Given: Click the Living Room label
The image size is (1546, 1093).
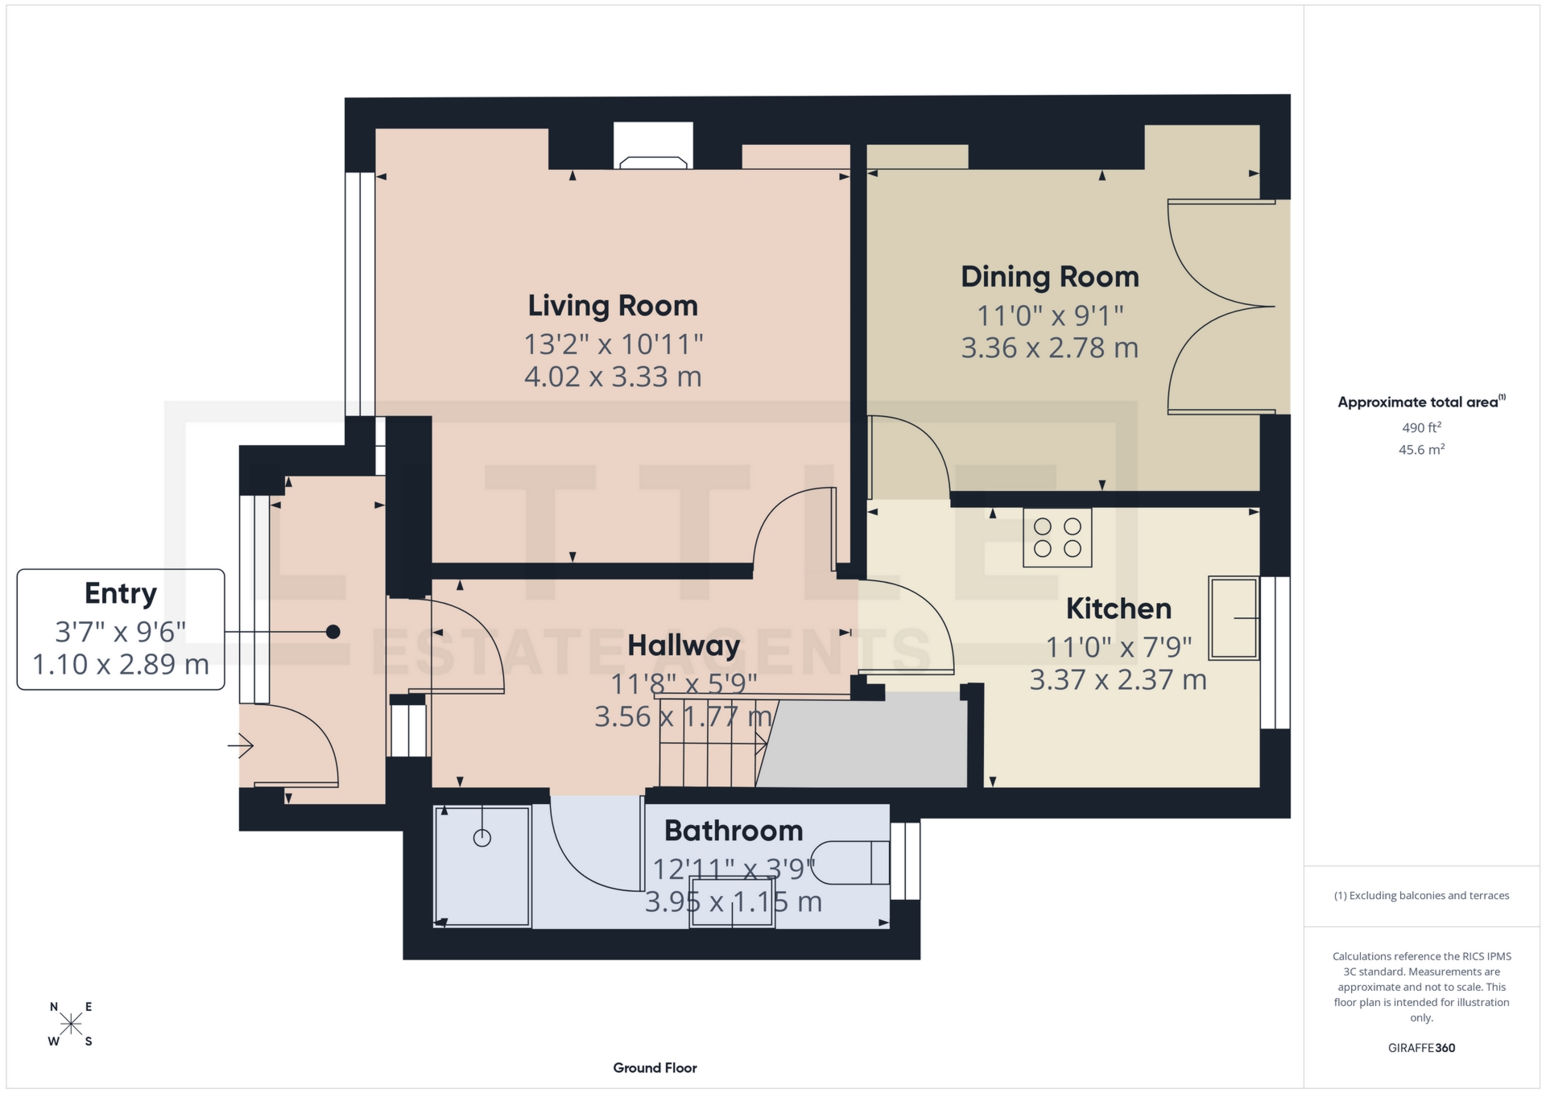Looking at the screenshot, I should click(613, 306).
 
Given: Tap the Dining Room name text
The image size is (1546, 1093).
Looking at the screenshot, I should click(1049, 277).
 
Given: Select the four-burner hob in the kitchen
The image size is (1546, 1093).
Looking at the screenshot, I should click(1057, 538).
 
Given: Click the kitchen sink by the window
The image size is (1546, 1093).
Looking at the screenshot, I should click(1233, 618).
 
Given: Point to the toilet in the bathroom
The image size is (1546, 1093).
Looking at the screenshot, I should click(849, 863).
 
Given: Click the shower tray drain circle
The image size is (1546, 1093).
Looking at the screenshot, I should click(482, 838).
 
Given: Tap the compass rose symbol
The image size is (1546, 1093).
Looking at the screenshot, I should click(71, 1024).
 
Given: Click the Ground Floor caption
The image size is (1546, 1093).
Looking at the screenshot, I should click(655, 1068).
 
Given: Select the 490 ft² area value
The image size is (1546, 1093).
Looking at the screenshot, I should click(1421, 427).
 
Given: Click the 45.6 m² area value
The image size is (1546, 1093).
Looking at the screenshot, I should click(1421, 449).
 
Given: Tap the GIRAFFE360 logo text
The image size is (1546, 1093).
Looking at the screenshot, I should click(1421, 1048).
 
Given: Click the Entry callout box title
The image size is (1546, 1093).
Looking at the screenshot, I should click(121, 593).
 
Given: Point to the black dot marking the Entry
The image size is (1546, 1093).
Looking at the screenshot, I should click(333, 632).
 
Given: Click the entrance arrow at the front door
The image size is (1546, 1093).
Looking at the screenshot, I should click(241, 746).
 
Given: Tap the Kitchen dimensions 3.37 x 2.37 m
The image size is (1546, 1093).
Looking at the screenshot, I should click(1118, 680).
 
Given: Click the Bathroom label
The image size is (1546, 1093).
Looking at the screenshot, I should click(734, 831).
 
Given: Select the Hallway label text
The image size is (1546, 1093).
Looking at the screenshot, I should click(684, 645).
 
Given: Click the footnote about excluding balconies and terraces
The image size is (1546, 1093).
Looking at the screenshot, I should click(1421, 896).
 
